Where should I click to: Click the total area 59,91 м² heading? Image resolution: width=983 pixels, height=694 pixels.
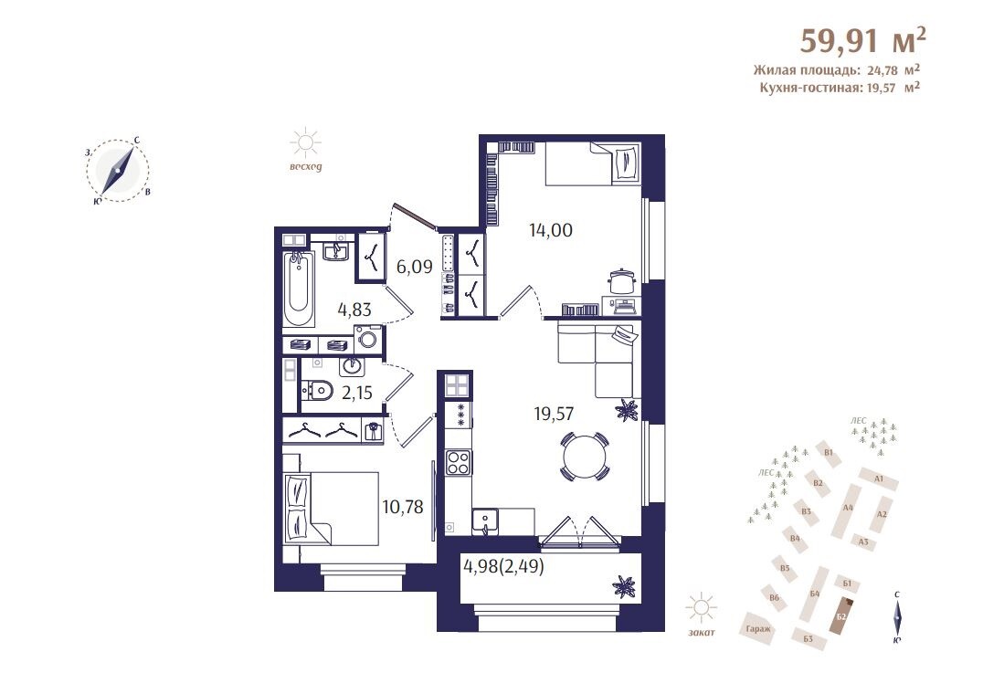[862, 41]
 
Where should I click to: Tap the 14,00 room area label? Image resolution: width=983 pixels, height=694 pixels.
[551, 230]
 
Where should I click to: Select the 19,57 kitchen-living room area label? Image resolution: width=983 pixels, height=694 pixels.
[554, 414]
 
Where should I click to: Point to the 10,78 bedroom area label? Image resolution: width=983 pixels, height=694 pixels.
[403, 506]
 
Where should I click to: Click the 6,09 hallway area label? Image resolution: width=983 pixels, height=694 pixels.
[415, 267]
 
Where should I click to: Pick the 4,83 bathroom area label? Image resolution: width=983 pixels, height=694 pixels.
[354, 310]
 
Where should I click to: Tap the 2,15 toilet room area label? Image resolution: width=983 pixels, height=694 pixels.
[356, 393]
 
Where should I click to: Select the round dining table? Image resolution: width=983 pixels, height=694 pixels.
[584, 456]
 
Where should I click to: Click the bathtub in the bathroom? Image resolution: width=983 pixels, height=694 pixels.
[299, 289]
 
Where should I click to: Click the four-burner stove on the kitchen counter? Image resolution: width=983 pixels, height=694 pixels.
[458, 463]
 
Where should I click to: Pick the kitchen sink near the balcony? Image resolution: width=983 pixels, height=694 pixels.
[485, 520]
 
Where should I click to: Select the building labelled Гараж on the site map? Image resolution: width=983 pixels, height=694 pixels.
[758, 628]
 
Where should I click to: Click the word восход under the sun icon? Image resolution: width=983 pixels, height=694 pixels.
[305, 166]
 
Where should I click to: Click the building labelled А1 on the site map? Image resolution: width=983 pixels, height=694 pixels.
[878, 478]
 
